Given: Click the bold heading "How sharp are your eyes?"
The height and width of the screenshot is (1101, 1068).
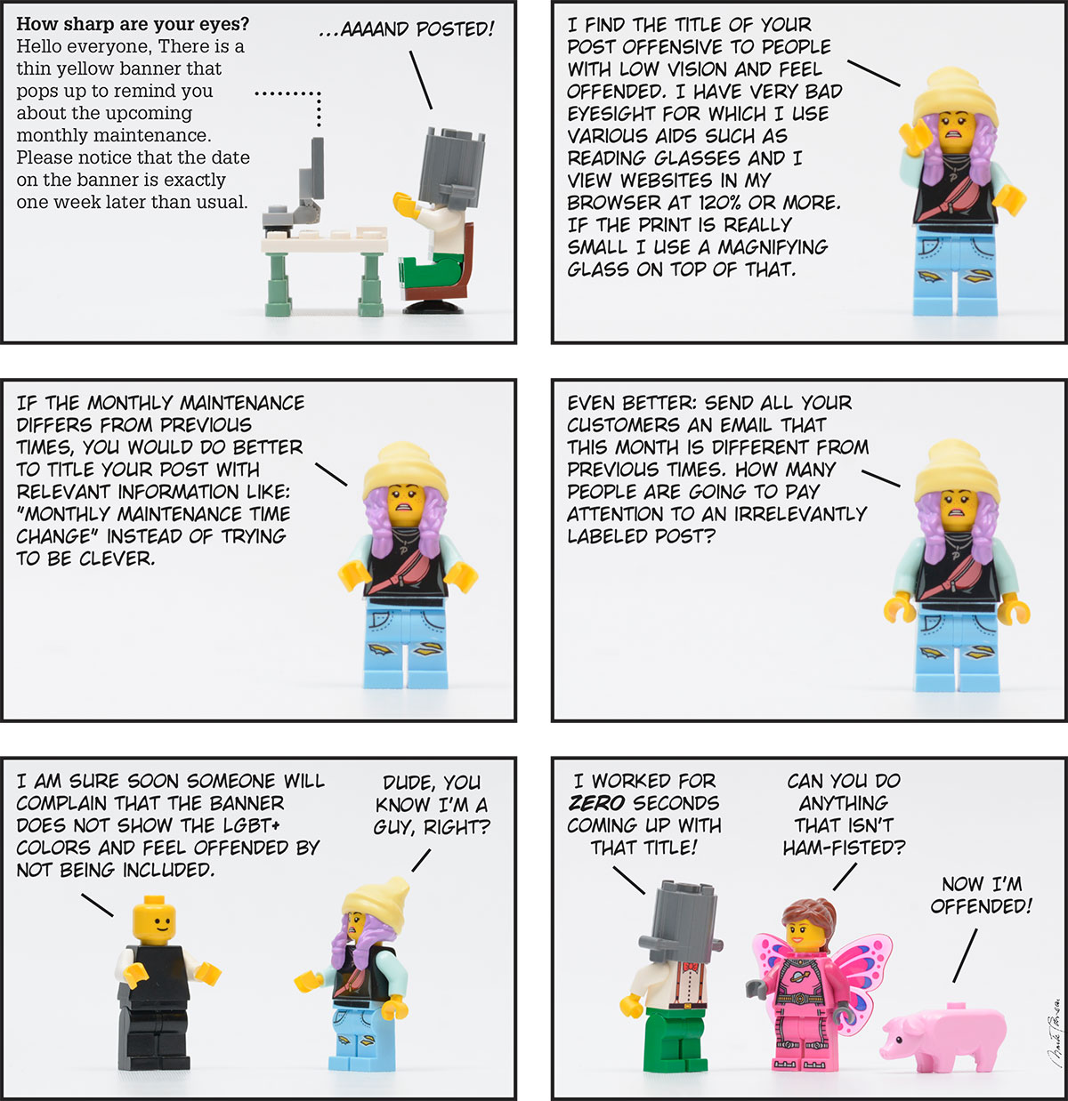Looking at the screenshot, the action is pos(133,24).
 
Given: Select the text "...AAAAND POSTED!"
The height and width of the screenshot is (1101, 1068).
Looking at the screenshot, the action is pos(406,28).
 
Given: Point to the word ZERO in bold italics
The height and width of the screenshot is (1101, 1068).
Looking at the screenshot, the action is pos(596,803).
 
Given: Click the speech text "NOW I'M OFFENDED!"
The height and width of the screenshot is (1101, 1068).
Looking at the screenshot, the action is pos(982,895).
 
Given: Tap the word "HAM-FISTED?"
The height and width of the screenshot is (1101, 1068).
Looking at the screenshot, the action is pos(844,848).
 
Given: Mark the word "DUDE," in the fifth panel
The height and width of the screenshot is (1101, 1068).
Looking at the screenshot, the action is pos(409,783).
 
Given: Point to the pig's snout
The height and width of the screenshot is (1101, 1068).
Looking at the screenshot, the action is pos(886,1051).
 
